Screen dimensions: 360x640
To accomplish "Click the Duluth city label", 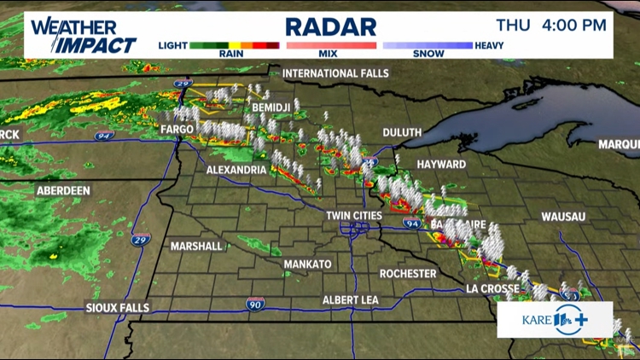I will coord(403,132).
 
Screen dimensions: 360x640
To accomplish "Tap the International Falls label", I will coord(335,73).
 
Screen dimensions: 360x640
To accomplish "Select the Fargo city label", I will coord(177,129).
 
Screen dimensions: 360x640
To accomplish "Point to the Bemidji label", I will coord(272,107).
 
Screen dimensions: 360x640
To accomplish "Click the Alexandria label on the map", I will coord(236,170).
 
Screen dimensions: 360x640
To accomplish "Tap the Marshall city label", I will coord(196,246).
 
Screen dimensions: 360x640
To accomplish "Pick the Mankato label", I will coord(307,264).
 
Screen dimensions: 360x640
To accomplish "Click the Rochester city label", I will coord(408,274).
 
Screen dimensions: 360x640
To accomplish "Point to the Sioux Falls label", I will coord(118,307).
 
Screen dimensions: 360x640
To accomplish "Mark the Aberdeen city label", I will coord(63,191).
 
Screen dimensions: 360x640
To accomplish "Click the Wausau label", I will coord(564,217).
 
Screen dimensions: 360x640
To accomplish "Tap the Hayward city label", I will coord(441,163).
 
